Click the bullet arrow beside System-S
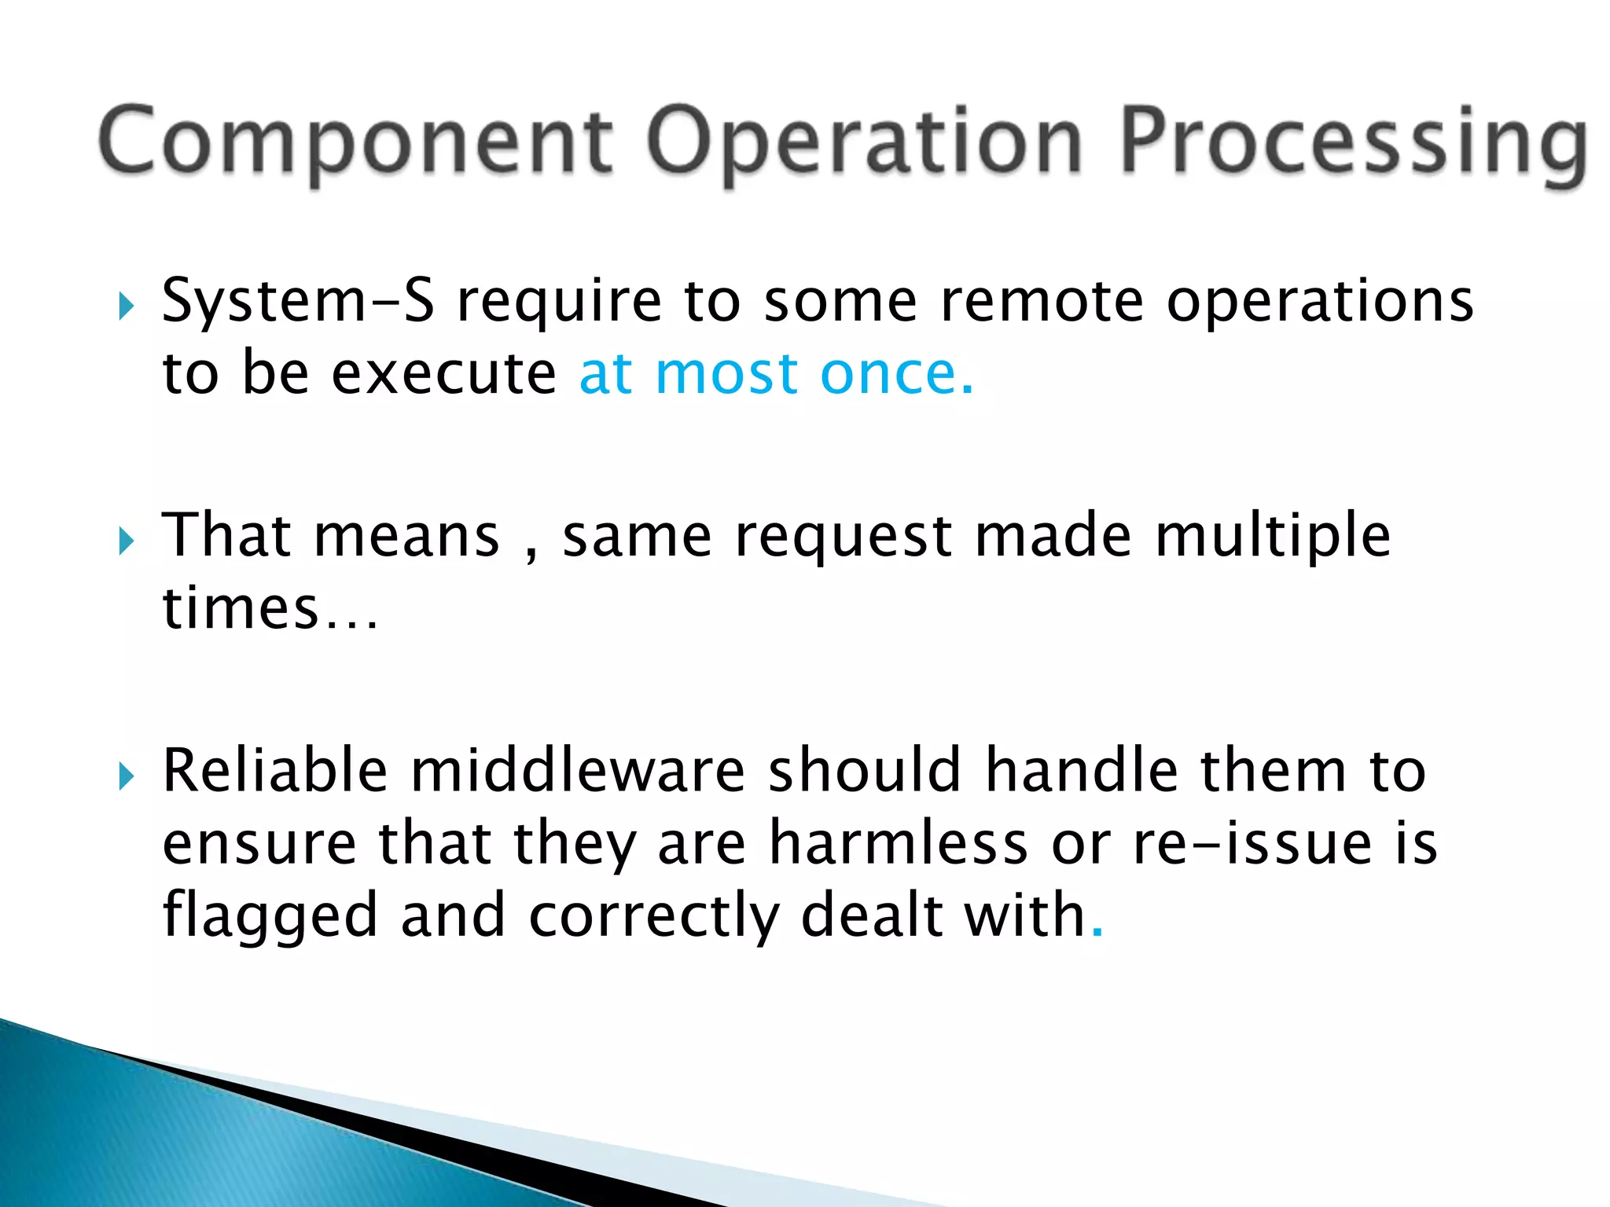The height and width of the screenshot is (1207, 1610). [x=126, y=306]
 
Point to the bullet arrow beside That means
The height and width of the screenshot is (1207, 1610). [x=126, y=541]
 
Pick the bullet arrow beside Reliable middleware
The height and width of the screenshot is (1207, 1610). [x=126, y=776]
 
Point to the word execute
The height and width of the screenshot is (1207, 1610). [x=443, y=374]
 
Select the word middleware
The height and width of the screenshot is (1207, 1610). [x=577, y=772]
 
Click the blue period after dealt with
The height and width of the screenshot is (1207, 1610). [x=1097, y=934]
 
